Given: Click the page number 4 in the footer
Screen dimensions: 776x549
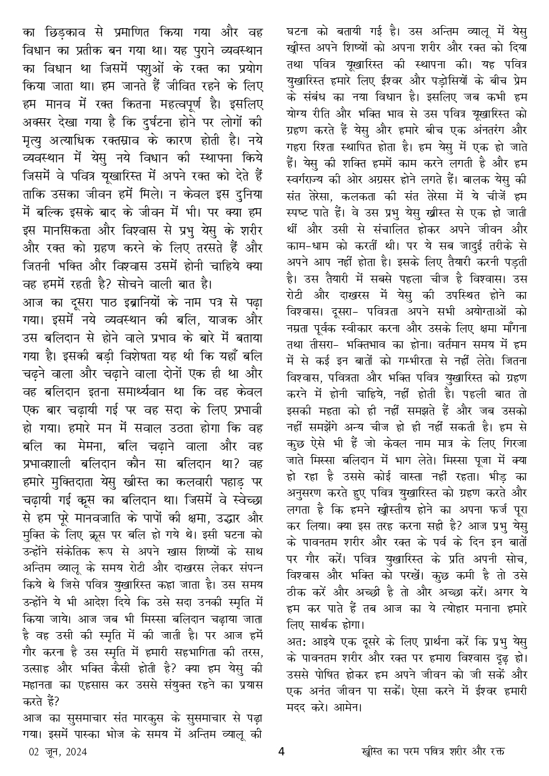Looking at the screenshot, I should point(281,751).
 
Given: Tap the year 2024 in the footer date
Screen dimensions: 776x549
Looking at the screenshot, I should point(74,752).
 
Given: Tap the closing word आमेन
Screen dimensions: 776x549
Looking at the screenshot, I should point(349,708).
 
